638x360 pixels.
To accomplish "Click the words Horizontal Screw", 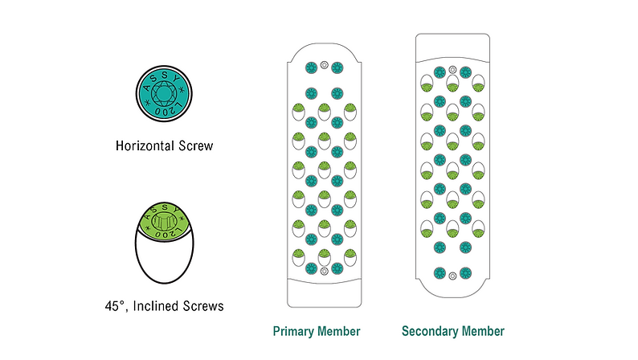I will [162, 147].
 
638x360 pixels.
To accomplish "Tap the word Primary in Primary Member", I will [292, 331].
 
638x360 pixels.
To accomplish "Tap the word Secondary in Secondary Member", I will [430, 331].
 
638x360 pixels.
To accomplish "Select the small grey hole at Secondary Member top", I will [452, 71].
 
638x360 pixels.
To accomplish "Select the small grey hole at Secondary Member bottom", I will [452, 275].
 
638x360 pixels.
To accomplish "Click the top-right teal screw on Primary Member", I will [337, 66].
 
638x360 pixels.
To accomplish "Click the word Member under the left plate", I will [339, 331].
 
